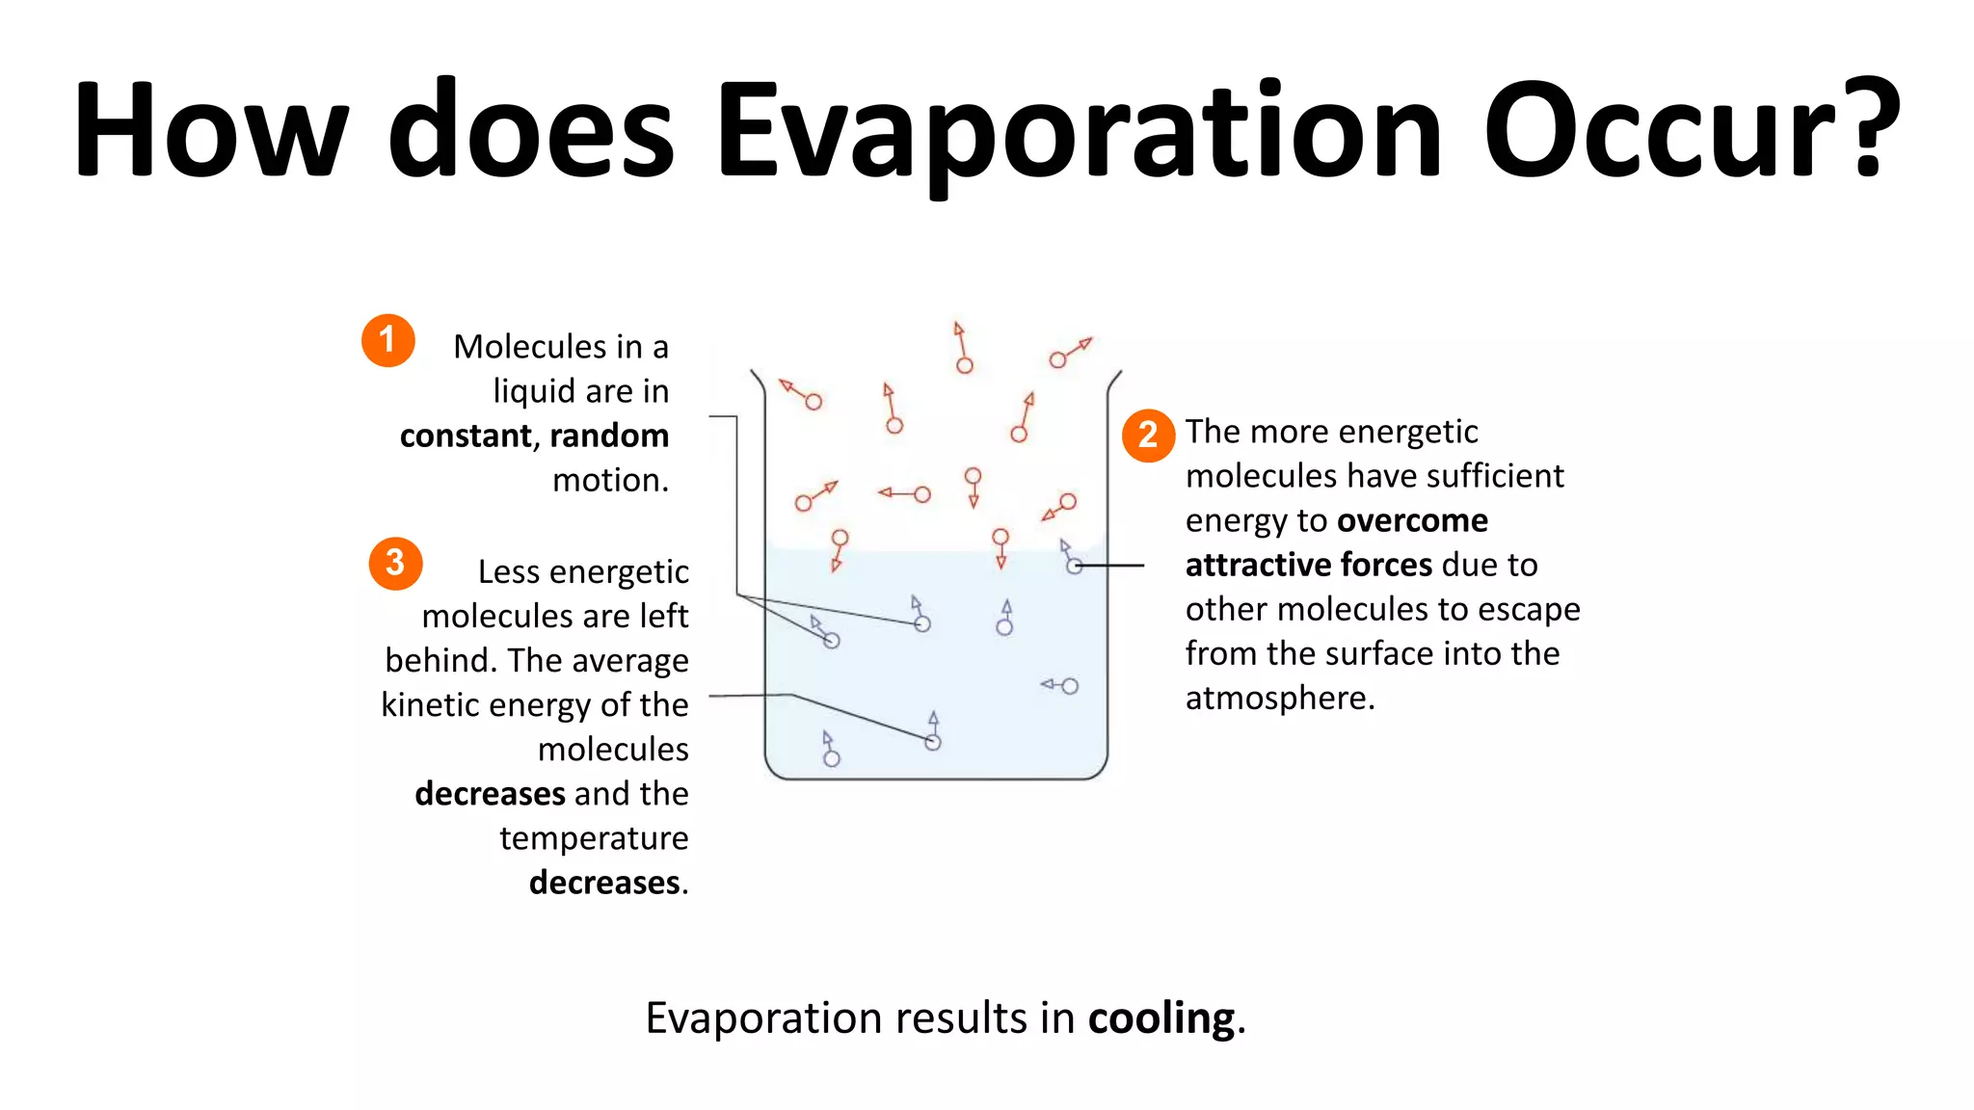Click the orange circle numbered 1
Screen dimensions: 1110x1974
click(387, 340)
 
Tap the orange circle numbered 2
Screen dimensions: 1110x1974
click(1148, 436)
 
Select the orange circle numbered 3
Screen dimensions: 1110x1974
click(395, 564)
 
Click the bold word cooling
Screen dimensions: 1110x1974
click(1161, 1018)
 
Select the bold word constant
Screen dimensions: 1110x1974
click(466, 436)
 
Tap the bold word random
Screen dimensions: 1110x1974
click(609, 436)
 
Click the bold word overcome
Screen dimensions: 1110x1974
click(1412, 520)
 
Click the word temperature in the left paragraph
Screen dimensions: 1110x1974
click(594, 838)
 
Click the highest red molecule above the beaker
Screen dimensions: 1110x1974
click(964, 364)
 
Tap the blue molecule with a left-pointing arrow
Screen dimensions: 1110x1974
click(1069, 686)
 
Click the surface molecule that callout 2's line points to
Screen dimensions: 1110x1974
click(1074, 567)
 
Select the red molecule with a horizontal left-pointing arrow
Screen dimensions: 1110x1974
click(921, 494)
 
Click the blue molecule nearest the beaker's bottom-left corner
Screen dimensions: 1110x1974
click(832, 758)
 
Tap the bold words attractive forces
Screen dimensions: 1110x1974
click(1308, 565)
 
